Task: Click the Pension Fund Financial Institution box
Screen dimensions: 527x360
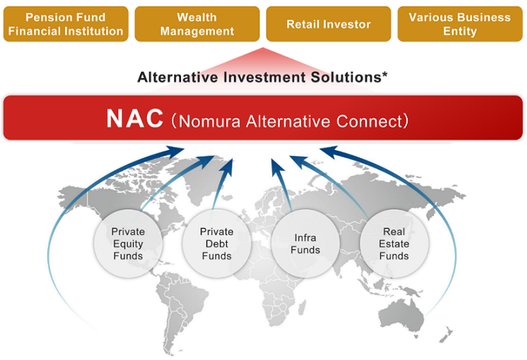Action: (66, 24)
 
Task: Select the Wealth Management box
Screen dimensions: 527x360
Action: (197, 24)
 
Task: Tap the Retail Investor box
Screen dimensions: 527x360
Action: (329, 24)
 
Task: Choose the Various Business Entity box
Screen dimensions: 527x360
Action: (460, 24)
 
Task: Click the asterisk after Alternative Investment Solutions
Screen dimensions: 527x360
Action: (384, 74)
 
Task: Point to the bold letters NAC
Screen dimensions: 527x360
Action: (135, 119)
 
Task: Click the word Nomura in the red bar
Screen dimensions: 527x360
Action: (209, 121)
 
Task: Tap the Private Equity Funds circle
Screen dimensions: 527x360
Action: (128, 243)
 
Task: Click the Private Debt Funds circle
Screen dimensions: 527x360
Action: (216, 243)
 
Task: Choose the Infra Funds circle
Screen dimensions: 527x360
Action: (305, 243)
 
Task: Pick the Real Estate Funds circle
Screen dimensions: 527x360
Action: (394, 243)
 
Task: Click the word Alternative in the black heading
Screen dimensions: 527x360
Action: (178, 77)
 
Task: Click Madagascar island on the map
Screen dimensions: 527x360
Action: (302, 307)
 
